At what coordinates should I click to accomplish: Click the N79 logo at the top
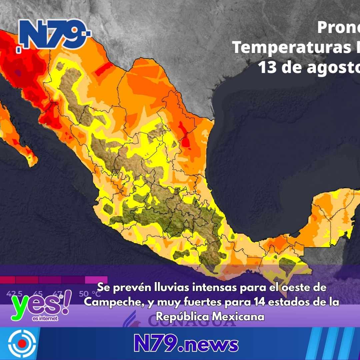[x=53, y=34]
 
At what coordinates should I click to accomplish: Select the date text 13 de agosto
[x=308, y=68]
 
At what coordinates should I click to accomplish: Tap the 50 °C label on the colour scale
[x=90, y=294]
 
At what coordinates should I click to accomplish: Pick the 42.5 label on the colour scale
[x=14, y=294]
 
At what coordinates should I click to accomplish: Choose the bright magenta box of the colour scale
[x=96, y=280]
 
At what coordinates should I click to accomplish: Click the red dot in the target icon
[x=22, y=343]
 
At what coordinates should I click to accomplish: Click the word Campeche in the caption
[x=113, y=302]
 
